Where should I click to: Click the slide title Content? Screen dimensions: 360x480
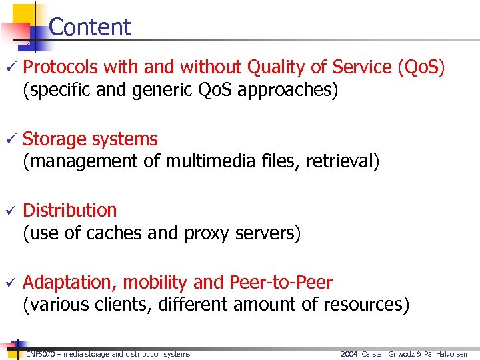[x=90, y=27]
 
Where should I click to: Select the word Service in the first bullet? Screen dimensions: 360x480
[x=361, y=67]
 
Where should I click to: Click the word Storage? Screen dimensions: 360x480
[x=57, y=139]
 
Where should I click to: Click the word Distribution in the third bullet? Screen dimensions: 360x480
[x=70, y=210]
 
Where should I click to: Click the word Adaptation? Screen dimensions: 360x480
[x=71, y=283]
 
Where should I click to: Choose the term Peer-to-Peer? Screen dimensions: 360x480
[x=281, y=283]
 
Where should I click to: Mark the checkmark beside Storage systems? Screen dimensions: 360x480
[x=10, y=139]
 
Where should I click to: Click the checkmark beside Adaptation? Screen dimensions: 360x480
[x=10, y=283]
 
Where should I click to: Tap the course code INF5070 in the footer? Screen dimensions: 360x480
[x=41, y=354]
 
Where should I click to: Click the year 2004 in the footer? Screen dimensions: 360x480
[x=349, y=354]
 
